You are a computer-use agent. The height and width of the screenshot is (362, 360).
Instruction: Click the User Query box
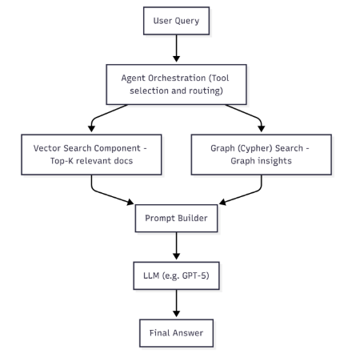[x=176, y=21]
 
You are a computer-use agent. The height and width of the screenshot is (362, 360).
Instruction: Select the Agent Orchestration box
[x=176, y=84]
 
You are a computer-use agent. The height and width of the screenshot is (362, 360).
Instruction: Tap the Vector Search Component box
[x=91, y=155]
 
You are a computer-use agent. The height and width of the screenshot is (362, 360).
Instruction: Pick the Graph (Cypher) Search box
[x=262, y=155]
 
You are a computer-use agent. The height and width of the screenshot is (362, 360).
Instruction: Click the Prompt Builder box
[x=176, y=218]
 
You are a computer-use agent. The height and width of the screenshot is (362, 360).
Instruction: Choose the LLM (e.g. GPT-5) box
[x=176, y=276]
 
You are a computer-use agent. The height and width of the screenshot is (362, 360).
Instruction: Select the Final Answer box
[x=176, y=333]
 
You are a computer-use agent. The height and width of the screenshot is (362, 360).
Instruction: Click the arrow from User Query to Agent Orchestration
[x=176, y=48]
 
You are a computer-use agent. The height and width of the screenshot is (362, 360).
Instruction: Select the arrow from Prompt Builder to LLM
[x=176, y=246]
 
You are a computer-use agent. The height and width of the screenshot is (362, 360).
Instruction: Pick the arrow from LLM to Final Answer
[x=176, y=304]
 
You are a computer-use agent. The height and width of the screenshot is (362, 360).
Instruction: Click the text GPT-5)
[x=196, y=276]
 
